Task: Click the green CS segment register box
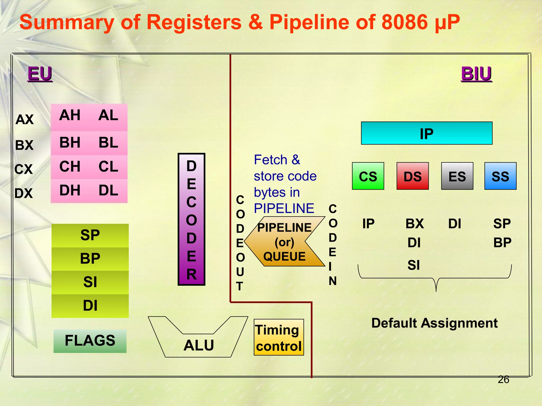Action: coord(368,176)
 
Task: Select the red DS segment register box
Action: coord(412,176)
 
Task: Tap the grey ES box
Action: coord(457,176)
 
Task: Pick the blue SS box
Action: coord(500,176)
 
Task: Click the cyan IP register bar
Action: coord(426,133)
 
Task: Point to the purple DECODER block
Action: coord(191,219)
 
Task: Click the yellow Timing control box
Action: coord(279,337)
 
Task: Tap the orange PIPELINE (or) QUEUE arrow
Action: coord(284,242)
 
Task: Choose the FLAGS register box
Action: coord(90,341)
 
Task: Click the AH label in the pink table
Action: coord(70,116)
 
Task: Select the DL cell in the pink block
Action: coord(108,191)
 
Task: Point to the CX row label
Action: coord(24,169)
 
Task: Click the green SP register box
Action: coord(90,235)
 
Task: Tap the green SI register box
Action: coord(90,282)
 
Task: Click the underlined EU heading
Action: coord(40,74)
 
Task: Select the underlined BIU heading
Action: coord(476,74)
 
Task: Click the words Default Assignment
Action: coord(434,323)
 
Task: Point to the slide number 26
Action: coord(503,380)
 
